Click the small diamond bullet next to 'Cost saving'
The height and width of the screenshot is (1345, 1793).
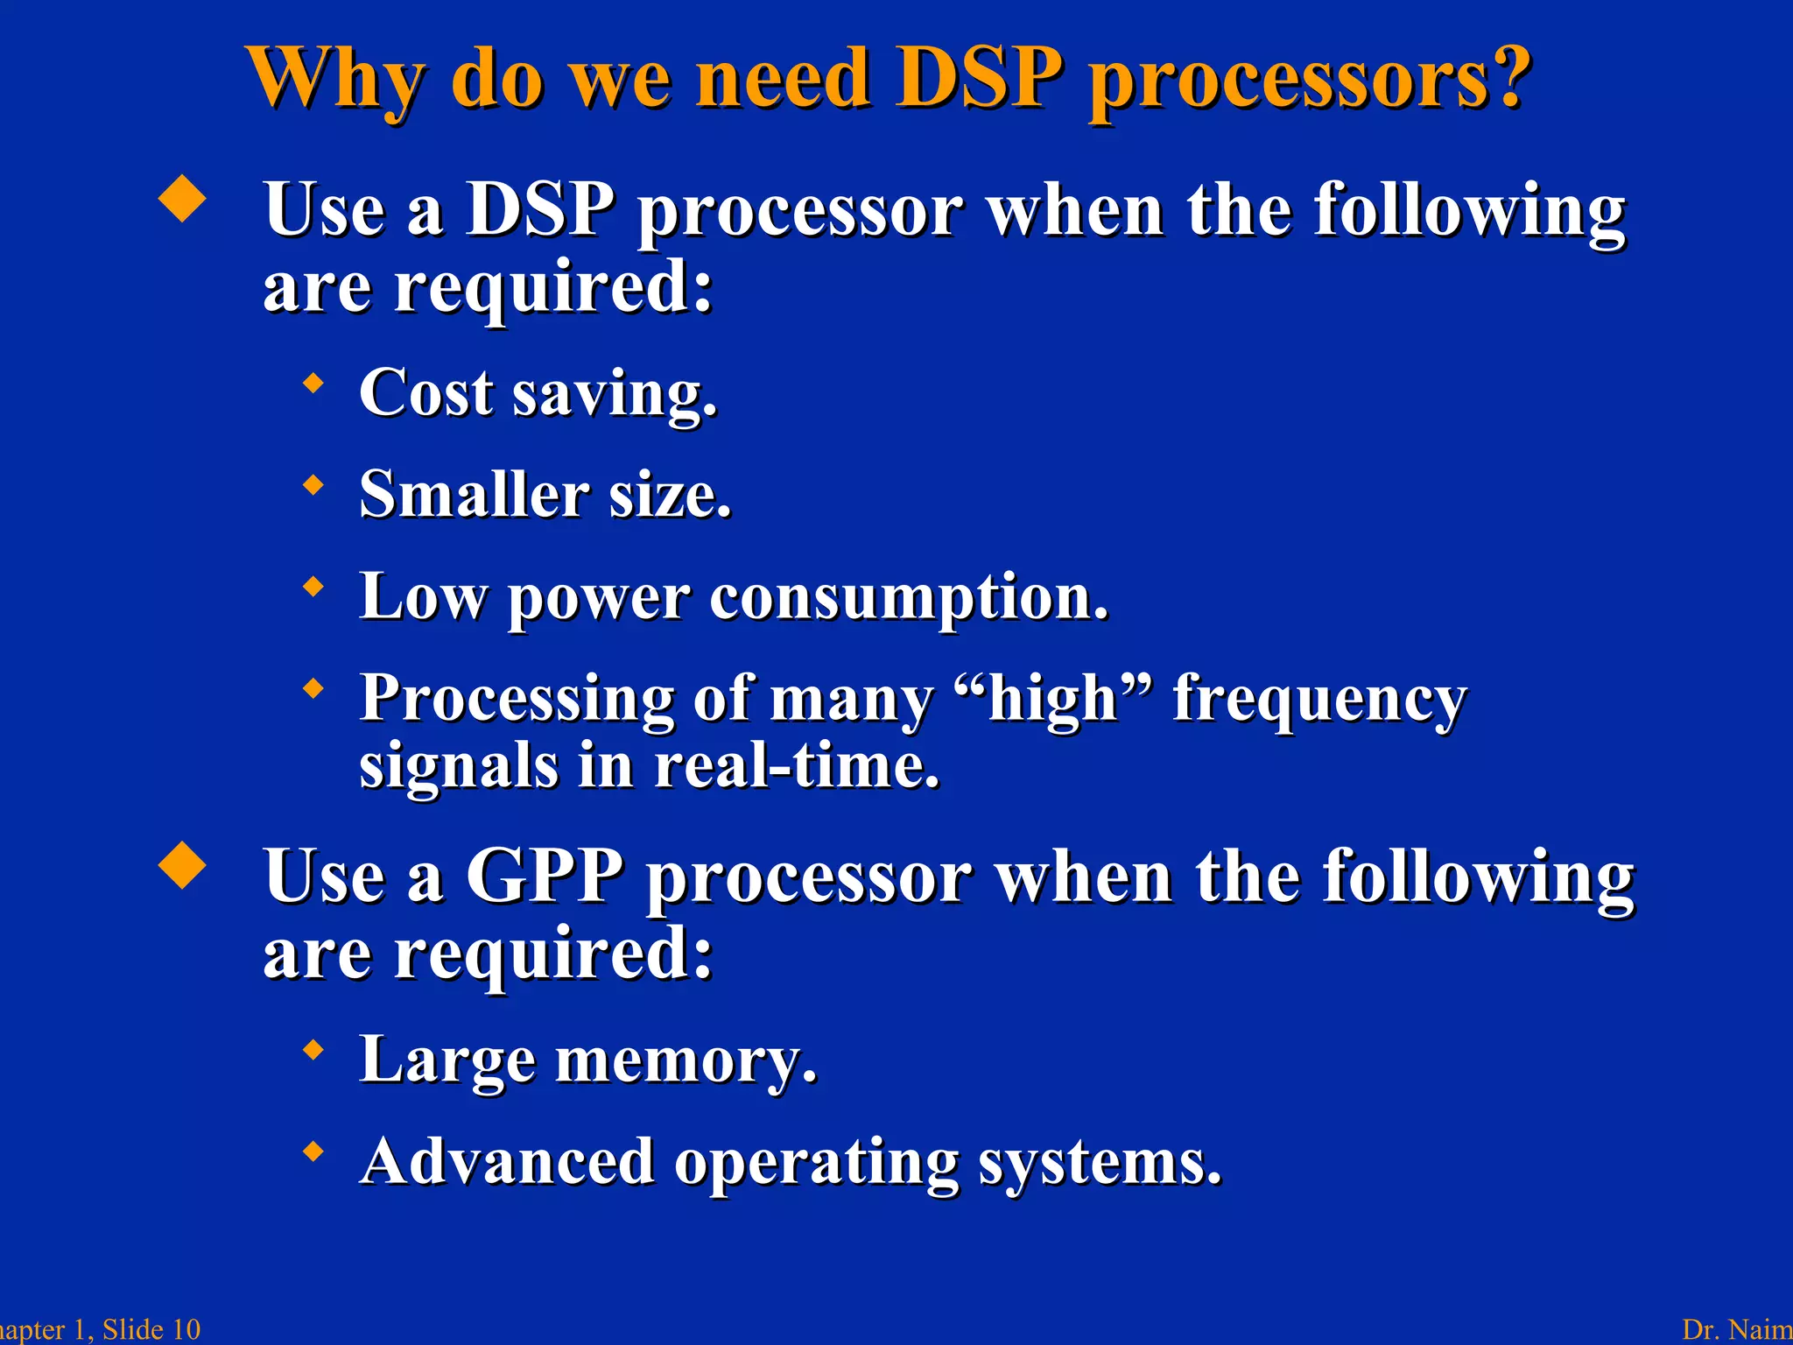pos(313,383)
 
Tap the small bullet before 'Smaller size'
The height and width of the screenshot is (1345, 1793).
pos(313,484)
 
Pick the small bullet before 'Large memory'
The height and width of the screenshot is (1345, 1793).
pos(313,1049)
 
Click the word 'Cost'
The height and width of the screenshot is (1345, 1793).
pos(426,393)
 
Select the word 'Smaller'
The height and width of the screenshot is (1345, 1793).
pos(474,495)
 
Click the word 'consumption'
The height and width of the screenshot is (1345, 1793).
pos(908,598)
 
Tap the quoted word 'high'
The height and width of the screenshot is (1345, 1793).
pos(1053,699)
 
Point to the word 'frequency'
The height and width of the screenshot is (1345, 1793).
pos(1319,701)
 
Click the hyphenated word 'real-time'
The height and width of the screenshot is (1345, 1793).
pos(796,766)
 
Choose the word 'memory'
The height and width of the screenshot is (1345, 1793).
pos(686,1061)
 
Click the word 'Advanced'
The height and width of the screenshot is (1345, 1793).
pos(508,1162)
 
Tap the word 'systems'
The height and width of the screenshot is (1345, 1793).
pos(1099,1164)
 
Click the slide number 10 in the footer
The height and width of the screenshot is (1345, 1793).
pos(185,1329)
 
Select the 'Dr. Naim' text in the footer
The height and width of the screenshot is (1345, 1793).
pos(1737,1329)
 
